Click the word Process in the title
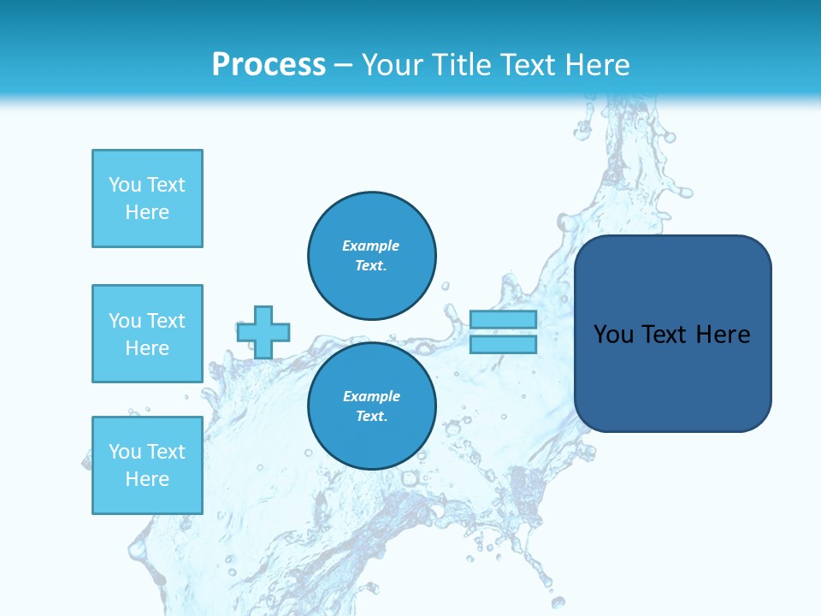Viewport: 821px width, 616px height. coord(269,64)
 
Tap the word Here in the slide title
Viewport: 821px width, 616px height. coord(596,64)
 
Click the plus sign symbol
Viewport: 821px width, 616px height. coord(263,332)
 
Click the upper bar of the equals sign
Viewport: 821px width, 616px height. coord(503,319)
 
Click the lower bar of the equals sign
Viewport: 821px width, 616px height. coord(503,344)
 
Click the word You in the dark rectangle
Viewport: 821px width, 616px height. coord(613,335)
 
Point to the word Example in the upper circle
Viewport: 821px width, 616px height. coord(371,246)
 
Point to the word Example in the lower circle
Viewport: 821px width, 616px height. coord(371,396)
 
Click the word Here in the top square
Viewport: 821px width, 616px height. coord(147,212)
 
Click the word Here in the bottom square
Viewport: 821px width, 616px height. coord(147,479)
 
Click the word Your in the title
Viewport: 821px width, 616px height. coord(393,64)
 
